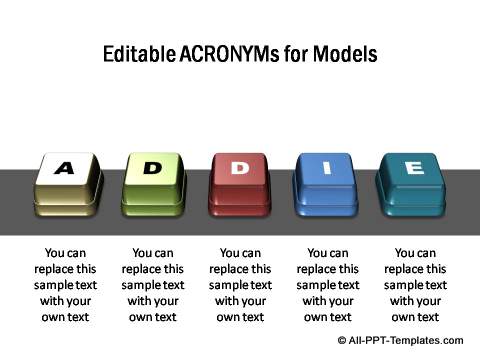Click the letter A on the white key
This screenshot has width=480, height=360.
[x=64, y=168]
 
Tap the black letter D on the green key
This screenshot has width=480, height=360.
[x=152, y=168]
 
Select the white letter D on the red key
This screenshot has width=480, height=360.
[x=240, y=168]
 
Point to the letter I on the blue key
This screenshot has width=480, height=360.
[x=327, y=168]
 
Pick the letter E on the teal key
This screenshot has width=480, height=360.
[x=415, y=167]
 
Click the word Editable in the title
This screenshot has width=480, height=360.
[x=139, y=54]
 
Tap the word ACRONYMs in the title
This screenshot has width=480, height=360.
[x=229, y=54]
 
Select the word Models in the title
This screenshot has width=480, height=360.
[x=345, y=54]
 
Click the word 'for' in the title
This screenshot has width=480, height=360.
[x=296, y=54]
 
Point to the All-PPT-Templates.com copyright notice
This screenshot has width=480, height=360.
[x=400, y=340]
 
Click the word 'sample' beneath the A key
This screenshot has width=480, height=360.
[x=53, y=285]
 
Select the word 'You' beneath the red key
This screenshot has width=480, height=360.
[x=229, y=253]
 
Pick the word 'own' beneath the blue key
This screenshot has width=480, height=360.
[x=314, y=317]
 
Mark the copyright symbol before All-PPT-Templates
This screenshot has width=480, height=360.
[x=342, y=340]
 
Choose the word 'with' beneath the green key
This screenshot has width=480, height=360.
[x=138, y=301]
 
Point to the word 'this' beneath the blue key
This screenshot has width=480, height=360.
[x=349, y=269]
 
